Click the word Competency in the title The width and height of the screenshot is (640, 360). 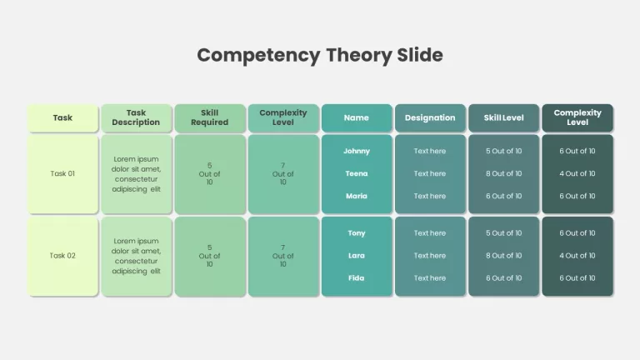pyautogui.click(x=258, y=56)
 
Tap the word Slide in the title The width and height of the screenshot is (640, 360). pyautogui.click(x=420, y=55)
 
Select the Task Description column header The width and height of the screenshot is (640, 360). pyautogui.click(x=136, y=117)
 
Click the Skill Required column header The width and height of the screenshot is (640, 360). pyautogui.click(x=210, y=117)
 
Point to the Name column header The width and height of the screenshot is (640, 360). pyautogui.click(x=357, y=117)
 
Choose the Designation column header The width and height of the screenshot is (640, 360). pyautogui.click(x=430, y=117)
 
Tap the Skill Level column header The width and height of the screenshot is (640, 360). pyautogui.click(x=503, y=117)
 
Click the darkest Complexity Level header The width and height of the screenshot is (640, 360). pyautogui.click(x=577, y=117)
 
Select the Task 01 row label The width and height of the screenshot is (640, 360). pyautogui.click(x=62, y=173)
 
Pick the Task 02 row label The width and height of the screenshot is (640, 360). pyautogui.click(x=62, y=256)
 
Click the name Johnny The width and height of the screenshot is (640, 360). pyautogui.click(x=357, y=151)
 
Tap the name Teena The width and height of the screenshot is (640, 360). pyautogui.click(x=357, y=173)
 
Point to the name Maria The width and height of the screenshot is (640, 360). pyautogui.click(x=357, y=196)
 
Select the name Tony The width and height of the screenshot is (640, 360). pyautogui.click(x=357, y=233)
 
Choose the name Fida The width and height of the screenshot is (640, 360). pyautogui.click(x=357, y=278)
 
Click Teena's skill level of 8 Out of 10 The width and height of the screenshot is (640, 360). pyautogui.click(x=503, y=173)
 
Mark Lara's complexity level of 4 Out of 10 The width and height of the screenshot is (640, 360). pyautogui.click(x=577, y=256)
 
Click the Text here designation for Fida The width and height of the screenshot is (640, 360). pyautogui.click(x=430, y=278)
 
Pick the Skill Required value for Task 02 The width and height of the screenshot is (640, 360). pyautogui.click(x=209, y=256)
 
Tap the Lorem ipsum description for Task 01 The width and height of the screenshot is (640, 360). pyautogui.click(x=137, y=174)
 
